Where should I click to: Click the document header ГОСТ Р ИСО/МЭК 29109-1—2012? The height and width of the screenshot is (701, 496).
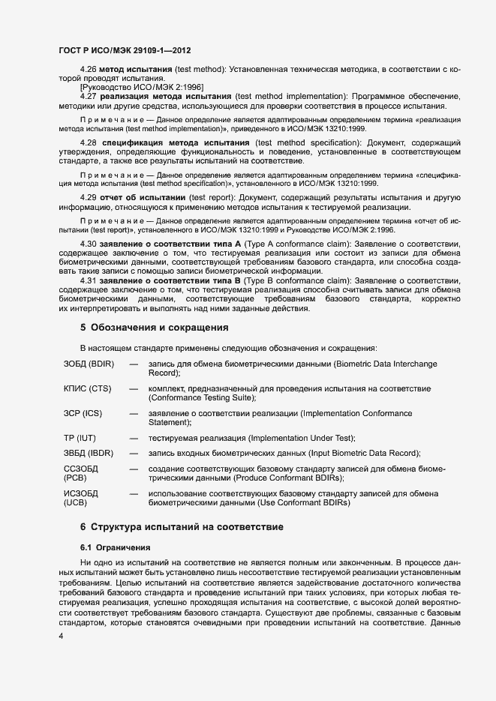click(x=125, y=51)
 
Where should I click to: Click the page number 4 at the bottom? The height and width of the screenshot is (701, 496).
click(x=61, y=636)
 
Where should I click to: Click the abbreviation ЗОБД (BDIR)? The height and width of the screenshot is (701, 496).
click(x=89, y=364)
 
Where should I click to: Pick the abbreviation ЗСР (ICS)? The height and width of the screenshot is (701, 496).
click(x=83, y=413)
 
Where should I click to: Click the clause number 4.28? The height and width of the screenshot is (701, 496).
click(x=89, y=142)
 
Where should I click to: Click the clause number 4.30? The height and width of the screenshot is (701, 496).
click(x=89, y=244)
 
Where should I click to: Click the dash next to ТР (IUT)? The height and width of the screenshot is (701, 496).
click(x=134, y=438)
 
